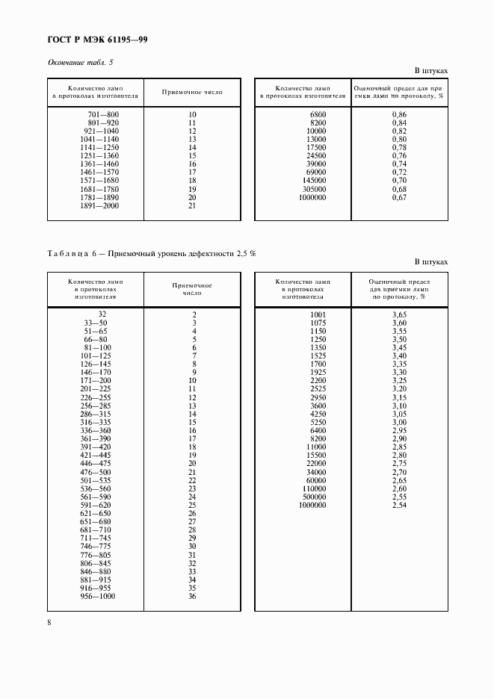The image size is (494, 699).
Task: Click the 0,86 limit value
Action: coord(399,114)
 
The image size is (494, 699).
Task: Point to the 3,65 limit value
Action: coord(399,315)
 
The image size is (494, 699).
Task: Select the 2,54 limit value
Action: coord(399,506)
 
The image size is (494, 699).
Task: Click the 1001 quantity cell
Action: coord(318,315)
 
